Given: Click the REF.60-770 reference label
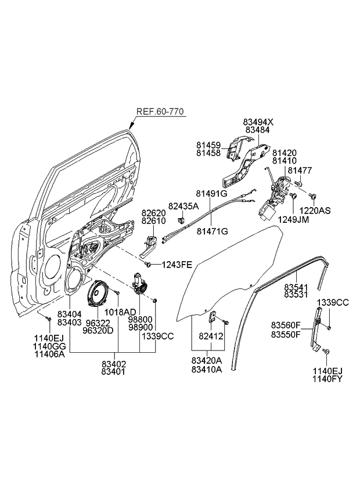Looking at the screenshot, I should click(161, 112).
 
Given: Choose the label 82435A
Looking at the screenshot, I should click(183, 206).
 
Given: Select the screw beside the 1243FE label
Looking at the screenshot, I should click(149, 265).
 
